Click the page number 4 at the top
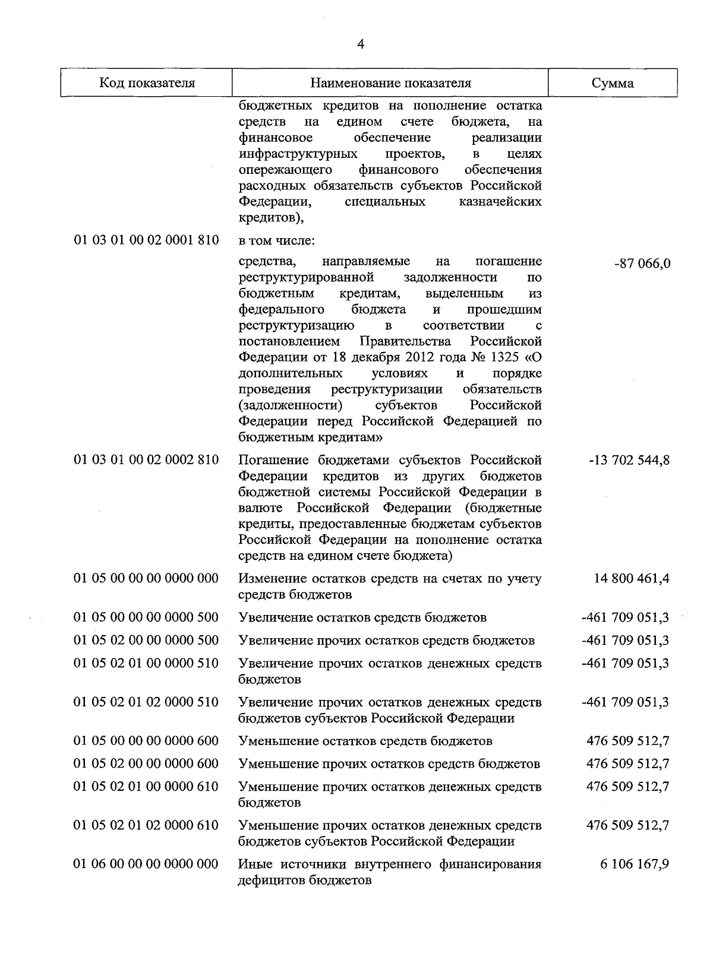coord(361,45)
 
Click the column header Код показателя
coord(147,83)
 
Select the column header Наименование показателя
coord(390,83)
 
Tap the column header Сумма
coord(613,83)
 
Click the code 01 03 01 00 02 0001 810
coord(146,240)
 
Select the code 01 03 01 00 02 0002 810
coord(146,460)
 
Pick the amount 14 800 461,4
coord(632,578)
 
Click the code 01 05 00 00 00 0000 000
coord(146,578)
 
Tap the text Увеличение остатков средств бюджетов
coord(362,617)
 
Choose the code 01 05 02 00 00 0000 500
coord(146,641)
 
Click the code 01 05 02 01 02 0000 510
coord(146,702)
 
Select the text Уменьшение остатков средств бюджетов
coord(365,741)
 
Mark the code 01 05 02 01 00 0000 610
coord(146,787)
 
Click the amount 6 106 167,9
coord(635,864)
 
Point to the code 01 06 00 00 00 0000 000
coord(146,864)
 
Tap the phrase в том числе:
coord(276,241)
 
